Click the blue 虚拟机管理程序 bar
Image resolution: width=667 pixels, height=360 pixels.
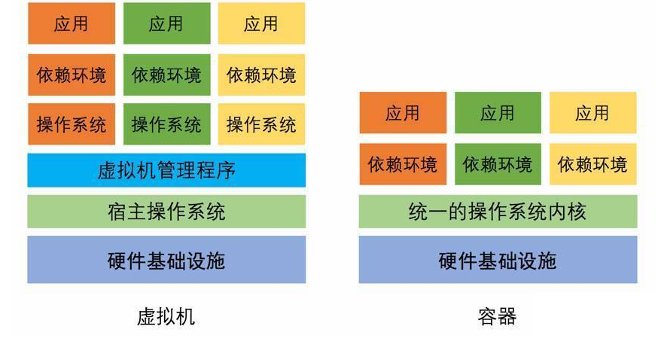click(x=166, y=170)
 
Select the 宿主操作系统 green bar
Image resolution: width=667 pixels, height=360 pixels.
click(x=166, y=212)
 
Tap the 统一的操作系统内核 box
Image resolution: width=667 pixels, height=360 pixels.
click(x=498, y=212)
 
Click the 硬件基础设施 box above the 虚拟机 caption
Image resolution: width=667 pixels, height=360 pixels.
click(x=166, y=260)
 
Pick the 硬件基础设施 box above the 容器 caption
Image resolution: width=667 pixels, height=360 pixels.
click(x=498, y=260)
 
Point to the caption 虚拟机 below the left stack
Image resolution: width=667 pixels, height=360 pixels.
click(x=166, y=316)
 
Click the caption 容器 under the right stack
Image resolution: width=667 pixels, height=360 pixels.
click(x=497, y=316)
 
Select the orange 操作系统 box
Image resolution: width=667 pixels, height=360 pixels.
click(x=72, y=124)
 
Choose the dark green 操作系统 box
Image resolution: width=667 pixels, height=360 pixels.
click(x=166, y=124)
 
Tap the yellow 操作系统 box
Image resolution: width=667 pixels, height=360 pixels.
click(x=261, y=124)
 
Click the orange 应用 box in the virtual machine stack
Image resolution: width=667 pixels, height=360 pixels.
click(x=72, y=23)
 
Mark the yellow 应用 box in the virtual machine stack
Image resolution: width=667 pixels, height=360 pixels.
click(x=261, y=23)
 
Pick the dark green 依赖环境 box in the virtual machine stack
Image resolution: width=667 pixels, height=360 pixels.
click(x=166, y=75)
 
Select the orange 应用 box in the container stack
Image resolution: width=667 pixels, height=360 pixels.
click(x=403, y=113)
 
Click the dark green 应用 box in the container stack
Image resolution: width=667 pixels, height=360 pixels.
click(x=498, y=113)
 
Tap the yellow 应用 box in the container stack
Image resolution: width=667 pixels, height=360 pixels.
click(x=592, y=113)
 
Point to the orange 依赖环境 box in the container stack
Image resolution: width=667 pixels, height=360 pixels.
click(x=403, y=163)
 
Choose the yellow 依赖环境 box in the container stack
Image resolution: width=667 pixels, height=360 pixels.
click(x=592, y=163)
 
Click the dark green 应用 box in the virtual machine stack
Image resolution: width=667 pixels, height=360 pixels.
click(x=166, y=23)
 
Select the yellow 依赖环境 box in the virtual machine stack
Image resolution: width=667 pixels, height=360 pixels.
click(x=261, y=75)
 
